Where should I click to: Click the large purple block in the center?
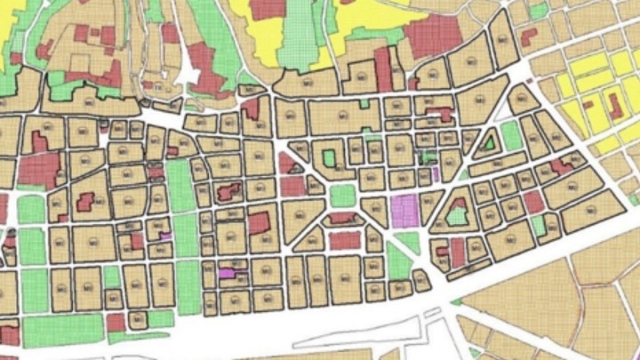404,211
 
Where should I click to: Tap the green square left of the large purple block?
343,196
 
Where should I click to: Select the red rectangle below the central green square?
344,240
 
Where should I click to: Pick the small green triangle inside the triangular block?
488,142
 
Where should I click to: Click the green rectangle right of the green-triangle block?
510,136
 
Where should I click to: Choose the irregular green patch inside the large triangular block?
458,214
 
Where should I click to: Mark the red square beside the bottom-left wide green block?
116,323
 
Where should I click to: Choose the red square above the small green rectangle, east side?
532,202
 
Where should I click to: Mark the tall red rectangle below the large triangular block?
458,253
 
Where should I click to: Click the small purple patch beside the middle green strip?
165,236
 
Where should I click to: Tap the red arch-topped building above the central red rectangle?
341,218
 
